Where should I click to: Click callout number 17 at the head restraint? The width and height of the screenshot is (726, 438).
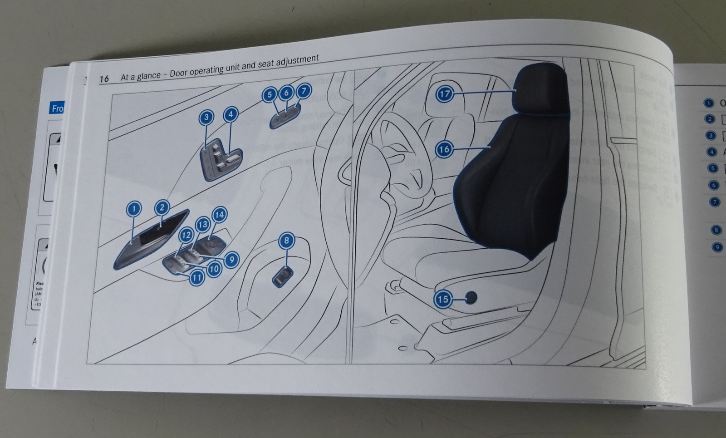(445, 94)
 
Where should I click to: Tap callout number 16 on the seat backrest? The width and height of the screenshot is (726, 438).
(444, 149)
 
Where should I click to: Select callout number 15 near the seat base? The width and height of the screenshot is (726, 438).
(443, 299)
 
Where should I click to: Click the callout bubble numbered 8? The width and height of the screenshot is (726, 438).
(286, 241)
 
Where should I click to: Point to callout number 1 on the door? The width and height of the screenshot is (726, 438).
(134, 209)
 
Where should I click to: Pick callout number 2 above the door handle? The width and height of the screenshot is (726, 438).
(162, 208)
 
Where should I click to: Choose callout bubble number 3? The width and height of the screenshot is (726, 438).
(206, 118)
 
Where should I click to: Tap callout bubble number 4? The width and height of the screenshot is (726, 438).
(231, 114)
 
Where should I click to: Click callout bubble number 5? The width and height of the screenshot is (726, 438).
(270, 94)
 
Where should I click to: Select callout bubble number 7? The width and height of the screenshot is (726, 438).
(304, 91)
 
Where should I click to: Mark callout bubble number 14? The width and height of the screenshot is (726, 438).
(220, 214)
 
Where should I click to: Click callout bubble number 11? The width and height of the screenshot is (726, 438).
(196, 277)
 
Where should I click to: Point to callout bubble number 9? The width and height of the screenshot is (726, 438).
(231, 259)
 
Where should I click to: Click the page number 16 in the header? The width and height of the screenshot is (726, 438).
(104, 79)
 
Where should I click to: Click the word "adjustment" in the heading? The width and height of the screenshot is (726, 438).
(298, 60)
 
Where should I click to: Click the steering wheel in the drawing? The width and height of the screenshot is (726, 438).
(399, 154)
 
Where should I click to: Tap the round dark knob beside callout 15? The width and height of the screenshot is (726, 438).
(471, 297)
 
